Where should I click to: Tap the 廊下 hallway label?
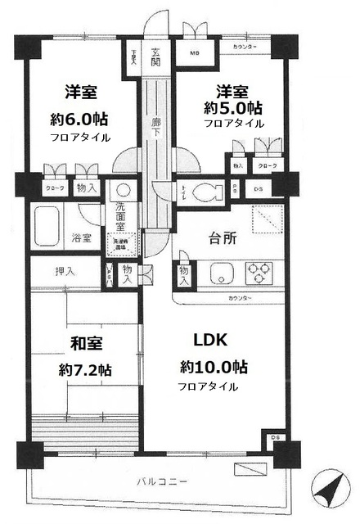pos(155,128)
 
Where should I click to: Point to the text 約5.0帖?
pos(234,107)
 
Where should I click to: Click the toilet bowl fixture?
pos(211,192)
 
